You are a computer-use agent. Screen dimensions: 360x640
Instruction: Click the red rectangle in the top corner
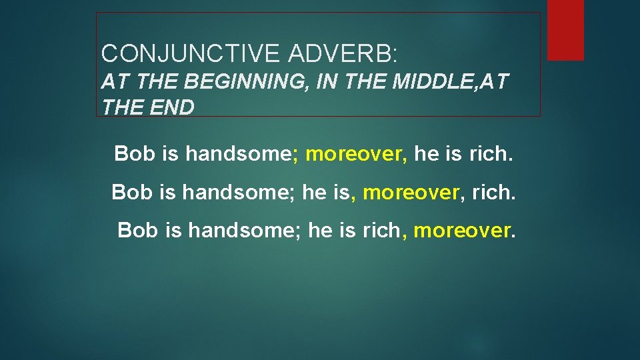(x=565, y=29)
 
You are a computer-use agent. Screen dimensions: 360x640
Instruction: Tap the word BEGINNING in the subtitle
(x=238, y=83)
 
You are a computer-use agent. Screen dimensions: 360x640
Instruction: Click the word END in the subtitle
(x=173, y=107)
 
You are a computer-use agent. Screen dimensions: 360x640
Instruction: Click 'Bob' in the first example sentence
(x=135, y=154)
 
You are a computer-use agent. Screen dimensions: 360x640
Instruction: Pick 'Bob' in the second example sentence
(x=132, y=193)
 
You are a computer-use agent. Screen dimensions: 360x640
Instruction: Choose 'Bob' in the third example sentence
(x=138, y=231)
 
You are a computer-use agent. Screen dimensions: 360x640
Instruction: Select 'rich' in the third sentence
(x=381, y=231)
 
